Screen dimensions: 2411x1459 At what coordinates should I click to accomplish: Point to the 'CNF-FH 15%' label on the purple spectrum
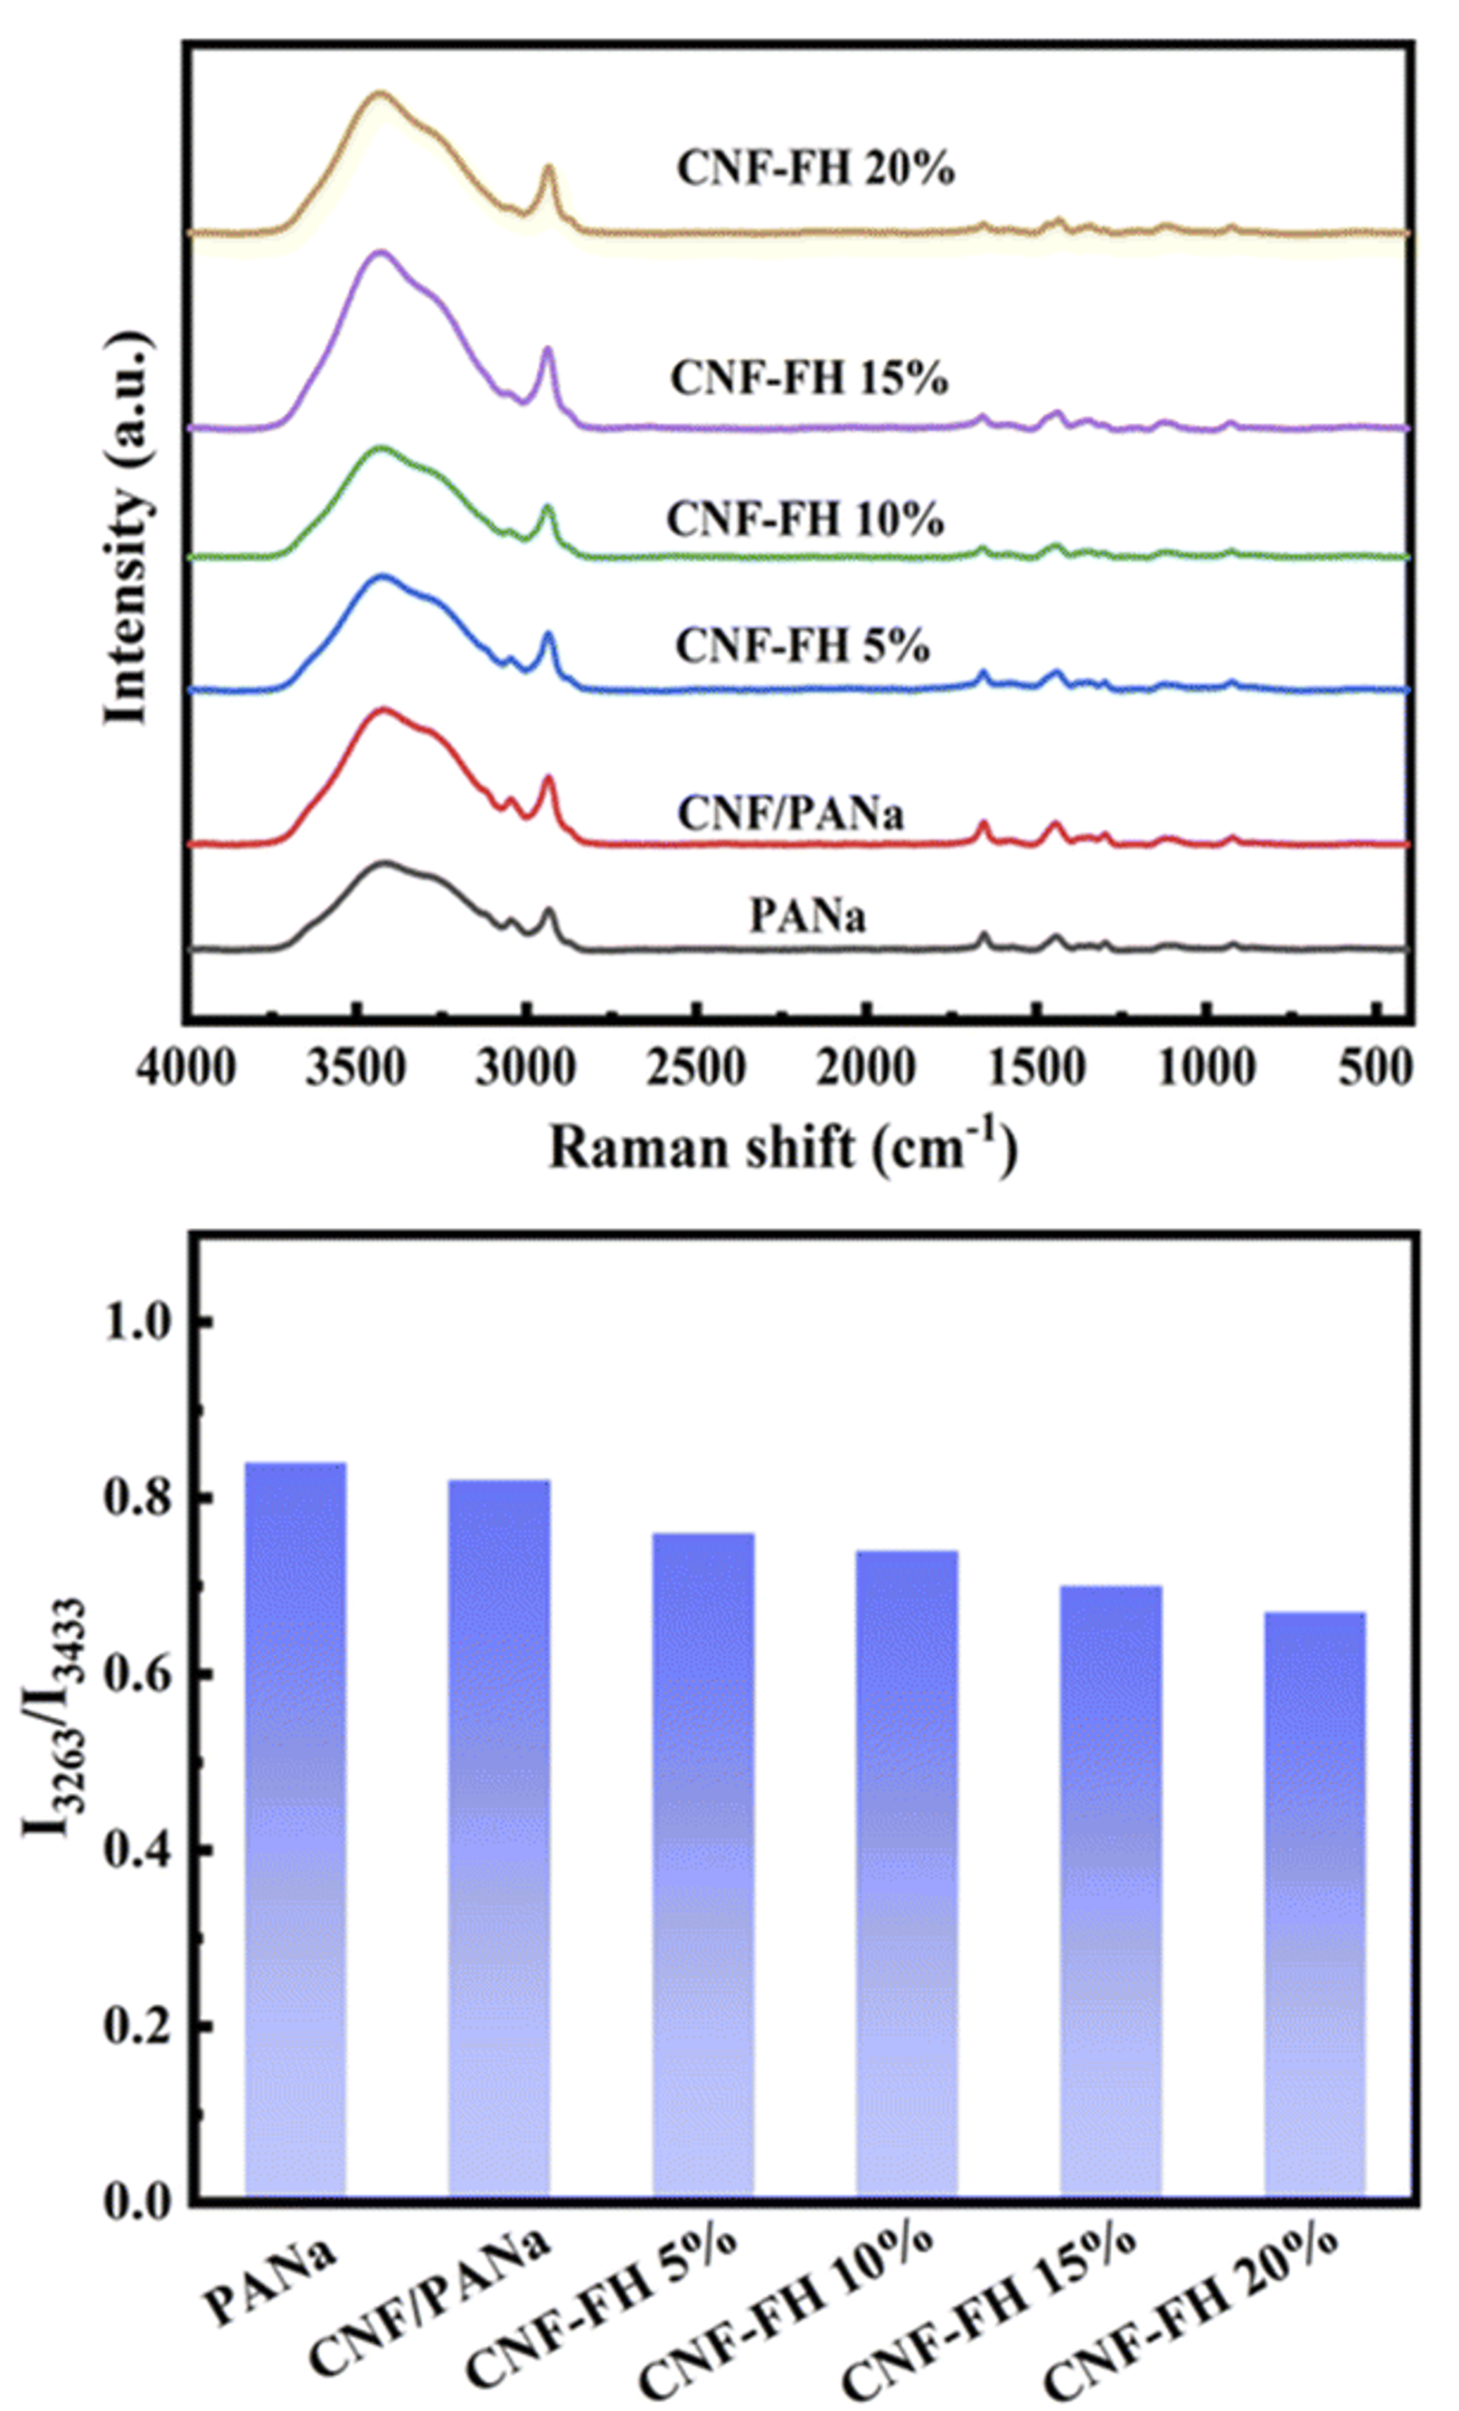coord(809,379)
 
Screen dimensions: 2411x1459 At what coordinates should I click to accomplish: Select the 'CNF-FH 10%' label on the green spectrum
coord(805,520)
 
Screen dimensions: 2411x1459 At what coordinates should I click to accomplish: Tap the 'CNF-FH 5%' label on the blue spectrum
coord(803,646)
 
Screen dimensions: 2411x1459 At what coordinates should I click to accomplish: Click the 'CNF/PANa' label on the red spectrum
coord(791,813)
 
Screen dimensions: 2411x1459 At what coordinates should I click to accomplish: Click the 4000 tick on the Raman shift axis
coord(186,1069)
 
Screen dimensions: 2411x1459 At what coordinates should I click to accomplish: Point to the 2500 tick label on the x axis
coord(697,1069)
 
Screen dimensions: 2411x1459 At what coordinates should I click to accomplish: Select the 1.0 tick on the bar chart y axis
coord(145,1322)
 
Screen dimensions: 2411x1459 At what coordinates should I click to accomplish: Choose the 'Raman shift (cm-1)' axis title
coord(783,1148)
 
